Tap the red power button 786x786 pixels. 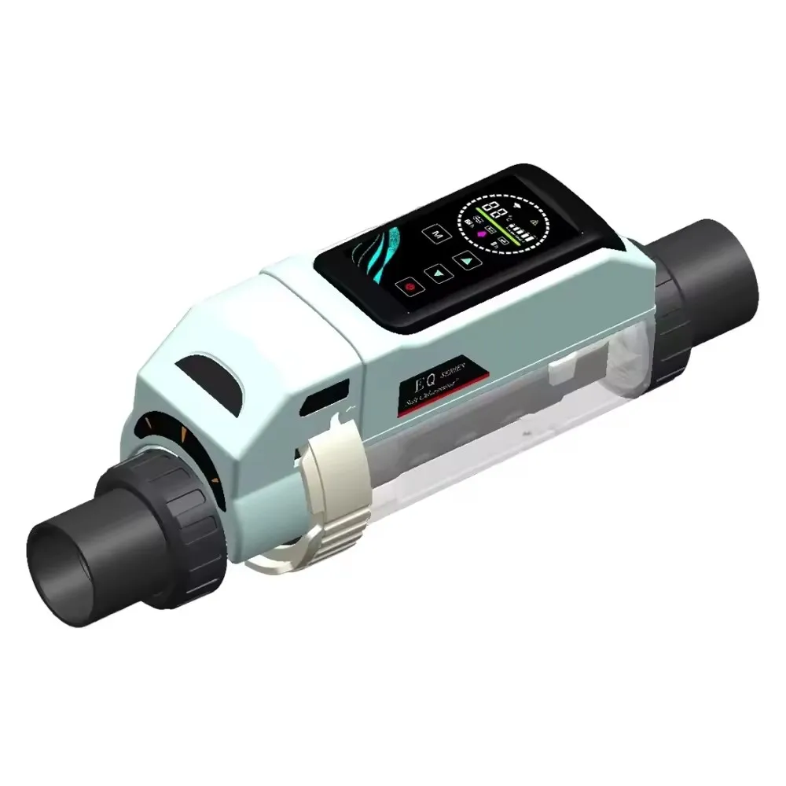(410, 288)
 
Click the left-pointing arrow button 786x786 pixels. (436, 273)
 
